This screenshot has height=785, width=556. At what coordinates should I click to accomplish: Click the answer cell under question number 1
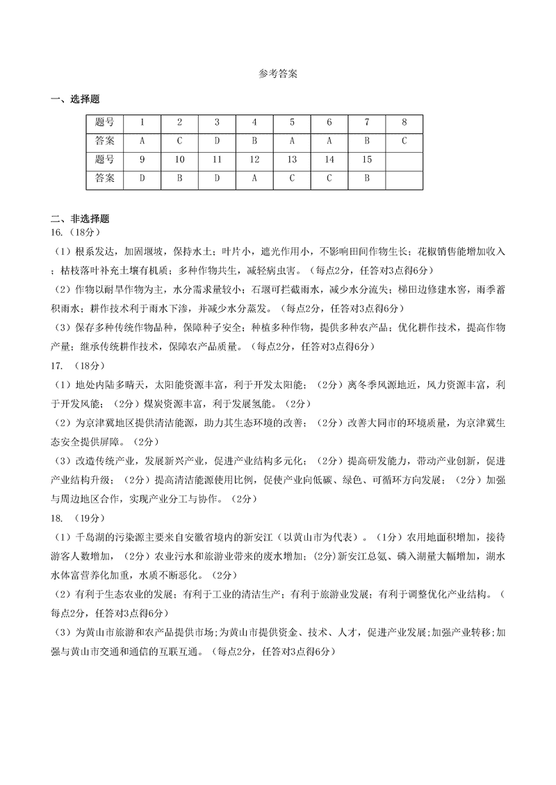tap(142, 140)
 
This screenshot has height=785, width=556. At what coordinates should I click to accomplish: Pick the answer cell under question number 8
tap(404, 140)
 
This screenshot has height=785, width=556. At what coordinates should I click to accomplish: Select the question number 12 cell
tap(254, 159)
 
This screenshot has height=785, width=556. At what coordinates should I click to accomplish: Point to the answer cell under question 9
tap(142, 178)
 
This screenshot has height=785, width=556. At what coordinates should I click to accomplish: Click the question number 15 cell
tap(367, 159)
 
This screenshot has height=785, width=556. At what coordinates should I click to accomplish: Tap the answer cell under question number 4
tap(254, 140)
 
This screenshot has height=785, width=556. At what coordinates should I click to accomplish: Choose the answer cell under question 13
tap(292, 178)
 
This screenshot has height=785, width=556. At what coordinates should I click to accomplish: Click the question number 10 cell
tap(179, 159)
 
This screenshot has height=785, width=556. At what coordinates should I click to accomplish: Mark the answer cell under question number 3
tap(217, 140)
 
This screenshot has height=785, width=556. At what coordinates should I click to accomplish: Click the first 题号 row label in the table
tap(105, 121)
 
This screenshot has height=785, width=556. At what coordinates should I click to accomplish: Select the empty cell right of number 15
tap(404, 159)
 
